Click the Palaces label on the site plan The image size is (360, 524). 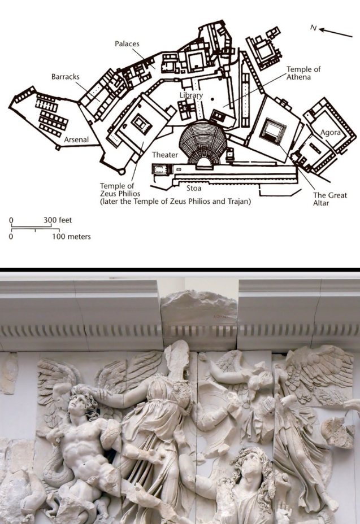(127, 43)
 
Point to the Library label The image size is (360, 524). (191, 96)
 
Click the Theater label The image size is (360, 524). (165, 155)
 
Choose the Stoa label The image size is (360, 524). (194, 188)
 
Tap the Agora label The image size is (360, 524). (331, 133)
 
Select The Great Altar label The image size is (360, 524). (330, 199)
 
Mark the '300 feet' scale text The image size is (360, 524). (57, 220)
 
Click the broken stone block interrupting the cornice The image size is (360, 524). (198, 313)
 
